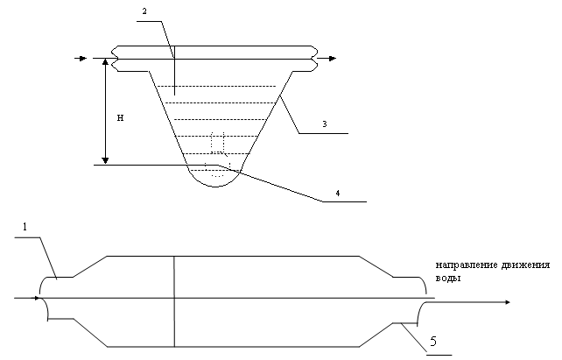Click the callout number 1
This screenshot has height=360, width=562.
[x=25, y=228]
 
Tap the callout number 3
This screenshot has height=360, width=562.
[x=324, y=124]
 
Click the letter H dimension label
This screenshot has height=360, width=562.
[x=120, y=116]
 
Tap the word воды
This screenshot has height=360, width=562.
[x=446, y=278]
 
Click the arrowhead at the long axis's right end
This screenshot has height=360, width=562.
[x=505, y=302]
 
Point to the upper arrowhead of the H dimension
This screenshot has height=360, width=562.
[x=105, y=63]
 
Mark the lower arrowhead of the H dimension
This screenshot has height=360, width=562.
[x=105, y=159]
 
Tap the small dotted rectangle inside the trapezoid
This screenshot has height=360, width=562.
[x=218, y=143]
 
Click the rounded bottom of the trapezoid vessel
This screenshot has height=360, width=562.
[x=214, y=179]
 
